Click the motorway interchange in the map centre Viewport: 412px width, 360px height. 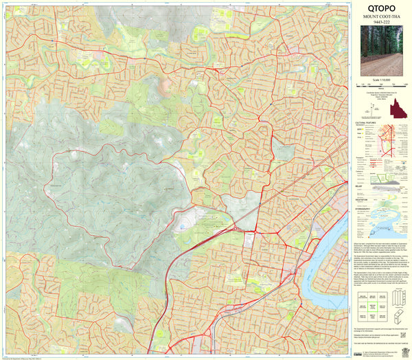[x=237, y=228]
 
